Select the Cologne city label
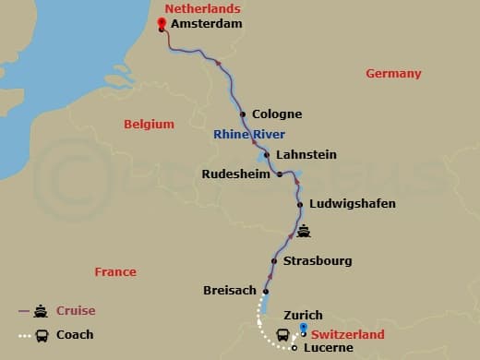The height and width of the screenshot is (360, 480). [x=277, y=114]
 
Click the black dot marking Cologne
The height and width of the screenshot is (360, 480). [x=243, y=114]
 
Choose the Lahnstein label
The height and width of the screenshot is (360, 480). [x=306, y=154]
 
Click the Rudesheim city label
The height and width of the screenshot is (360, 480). [x=236, y=173]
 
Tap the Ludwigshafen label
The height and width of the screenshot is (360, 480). [x=352, y=203]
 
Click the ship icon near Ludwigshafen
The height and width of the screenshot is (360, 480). [x=303, y=231]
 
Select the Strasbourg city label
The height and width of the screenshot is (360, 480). [x=318, y=261]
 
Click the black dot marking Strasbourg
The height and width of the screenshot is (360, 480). [x=277, y=260]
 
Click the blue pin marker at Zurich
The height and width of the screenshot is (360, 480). [x=304, y=329]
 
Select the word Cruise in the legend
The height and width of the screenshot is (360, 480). [x=76, y=311]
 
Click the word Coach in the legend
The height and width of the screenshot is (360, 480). [x=75, y=334]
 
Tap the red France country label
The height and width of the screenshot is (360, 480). [x=115, y=271]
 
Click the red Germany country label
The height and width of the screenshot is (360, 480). [x=393, y=73]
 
